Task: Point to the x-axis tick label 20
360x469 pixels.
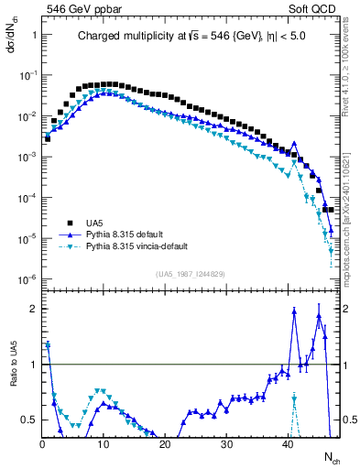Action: click(x=165, y=445)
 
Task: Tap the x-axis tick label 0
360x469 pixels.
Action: click(x=42, y=445)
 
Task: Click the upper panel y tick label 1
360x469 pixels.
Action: click(x=33, y=35)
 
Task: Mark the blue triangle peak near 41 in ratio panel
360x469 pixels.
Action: click(x=294, y=311)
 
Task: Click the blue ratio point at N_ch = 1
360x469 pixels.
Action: click(x=48, y=345)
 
